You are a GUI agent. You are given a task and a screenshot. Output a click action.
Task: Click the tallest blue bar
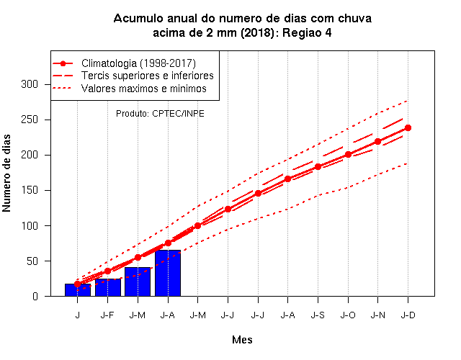pos(168,273)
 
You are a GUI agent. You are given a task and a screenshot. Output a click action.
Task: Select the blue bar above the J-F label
pos(107,287)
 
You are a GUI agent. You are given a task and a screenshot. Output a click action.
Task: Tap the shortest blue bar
pos(78,289)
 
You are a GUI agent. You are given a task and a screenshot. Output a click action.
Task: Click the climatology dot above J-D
pos(408,128)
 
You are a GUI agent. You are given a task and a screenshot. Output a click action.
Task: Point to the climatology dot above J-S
pos(318,166)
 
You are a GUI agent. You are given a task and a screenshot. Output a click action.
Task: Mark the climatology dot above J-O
pos(348,154)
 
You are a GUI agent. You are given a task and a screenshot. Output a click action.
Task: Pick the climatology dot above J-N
pos(377,142)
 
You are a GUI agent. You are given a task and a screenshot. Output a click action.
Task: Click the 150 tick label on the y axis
pos(30,190)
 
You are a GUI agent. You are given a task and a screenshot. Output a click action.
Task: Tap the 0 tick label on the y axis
pos(35,296)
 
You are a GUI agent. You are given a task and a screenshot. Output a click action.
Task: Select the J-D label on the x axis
pos(408,315)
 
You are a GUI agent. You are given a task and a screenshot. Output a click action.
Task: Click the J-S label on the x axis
pos(318,315)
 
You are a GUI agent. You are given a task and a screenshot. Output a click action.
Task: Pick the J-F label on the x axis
pos(107,315)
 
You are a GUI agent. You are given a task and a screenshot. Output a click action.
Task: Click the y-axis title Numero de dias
pos(6,174)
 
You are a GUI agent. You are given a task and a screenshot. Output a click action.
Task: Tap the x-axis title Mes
pos(242,340)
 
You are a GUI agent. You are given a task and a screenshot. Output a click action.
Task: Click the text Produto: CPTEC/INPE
pos(160,114)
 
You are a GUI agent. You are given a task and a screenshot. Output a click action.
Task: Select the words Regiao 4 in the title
pos(307,32)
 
